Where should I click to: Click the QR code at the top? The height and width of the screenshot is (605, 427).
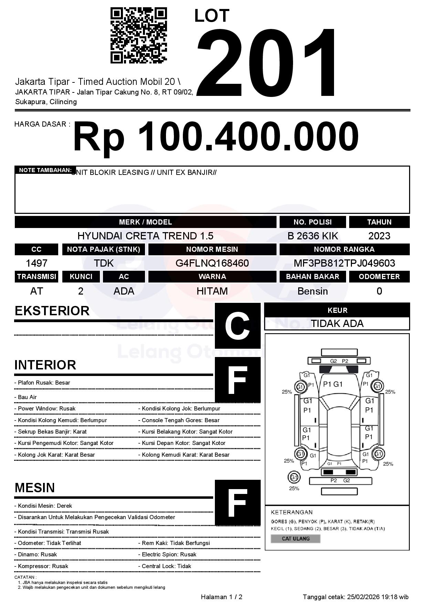coord(138,36)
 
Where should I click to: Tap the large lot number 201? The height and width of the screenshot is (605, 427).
coord(267,62)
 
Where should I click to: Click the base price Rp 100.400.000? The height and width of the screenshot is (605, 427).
coord(216,137)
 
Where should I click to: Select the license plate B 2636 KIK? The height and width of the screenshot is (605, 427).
coord(313,236)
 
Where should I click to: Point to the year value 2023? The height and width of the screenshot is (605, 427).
coord(379,236)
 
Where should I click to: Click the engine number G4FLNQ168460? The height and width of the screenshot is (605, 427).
coord(212,263)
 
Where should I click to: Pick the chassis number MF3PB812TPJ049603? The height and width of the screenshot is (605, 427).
coord(344,263)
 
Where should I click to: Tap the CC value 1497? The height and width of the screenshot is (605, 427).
coord(37,263)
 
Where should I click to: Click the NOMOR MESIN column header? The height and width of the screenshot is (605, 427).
coord(212,249)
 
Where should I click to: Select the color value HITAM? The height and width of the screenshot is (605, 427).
coord(212,291)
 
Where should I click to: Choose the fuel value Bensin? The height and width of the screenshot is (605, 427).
coord(313,291)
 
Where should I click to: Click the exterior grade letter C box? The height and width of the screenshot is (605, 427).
coord(238,326)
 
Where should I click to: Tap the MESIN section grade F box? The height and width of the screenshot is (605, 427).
coord(238,503)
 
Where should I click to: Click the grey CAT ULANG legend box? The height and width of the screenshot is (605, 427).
coord(295,538)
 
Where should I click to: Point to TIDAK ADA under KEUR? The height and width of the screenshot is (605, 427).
coord(337,324)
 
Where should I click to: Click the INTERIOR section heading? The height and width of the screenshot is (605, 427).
coord(45,365)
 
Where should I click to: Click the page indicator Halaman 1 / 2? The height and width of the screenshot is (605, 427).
coord(221,597)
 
